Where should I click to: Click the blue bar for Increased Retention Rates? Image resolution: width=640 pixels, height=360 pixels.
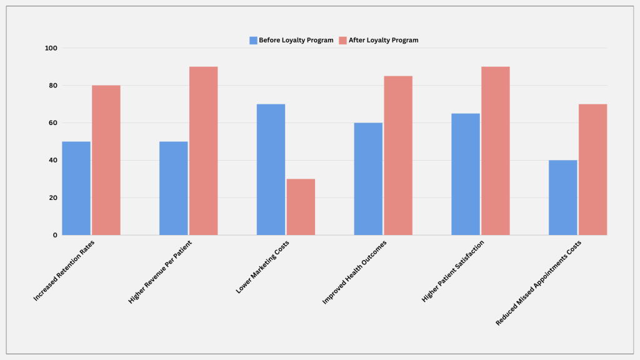coord(76,188)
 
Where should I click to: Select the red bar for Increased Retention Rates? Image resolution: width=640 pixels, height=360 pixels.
coord(106,160)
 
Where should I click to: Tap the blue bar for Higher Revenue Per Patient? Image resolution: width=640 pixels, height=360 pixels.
coord(174,188)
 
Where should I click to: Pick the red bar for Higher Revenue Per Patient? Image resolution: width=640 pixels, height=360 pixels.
coord(203,151)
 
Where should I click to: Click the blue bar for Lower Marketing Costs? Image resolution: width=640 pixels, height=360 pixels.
coord(271,169)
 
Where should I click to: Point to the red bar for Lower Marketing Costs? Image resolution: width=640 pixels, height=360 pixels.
coord(301,207)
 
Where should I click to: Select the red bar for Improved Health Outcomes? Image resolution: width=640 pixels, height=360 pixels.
coord(398,156)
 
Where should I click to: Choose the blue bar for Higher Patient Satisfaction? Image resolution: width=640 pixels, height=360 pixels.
coord(466,174)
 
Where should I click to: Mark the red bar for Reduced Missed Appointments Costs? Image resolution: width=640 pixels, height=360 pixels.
coord(592,169)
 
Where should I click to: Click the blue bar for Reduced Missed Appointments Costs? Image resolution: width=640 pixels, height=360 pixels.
coord(563,197)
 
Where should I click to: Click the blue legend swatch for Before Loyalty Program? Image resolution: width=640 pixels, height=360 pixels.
coord(254,41)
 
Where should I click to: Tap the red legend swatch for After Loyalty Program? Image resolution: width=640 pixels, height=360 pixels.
coord(343,41)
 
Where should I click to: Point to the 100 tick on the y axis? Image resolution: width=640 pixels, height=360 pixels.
coord(51,48)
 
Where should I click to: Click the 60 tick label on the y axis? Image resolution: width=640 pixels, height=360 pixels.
coord(53,123)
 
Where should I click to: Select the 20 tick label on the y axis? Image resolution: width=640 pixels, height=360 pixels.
coord(53,197)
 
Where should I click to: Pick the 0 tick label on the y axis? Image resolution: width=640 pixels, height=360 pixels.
coord(55,235)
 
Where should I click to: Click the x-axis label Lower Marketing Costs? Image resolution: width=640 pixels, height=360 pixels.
coord(262,267)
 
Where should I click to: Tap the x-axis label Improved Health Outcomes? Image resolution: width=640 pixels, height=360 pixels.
coord(354,272)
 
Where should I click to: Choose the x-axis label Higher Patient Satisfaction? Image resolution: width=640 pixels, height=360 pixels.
coord(452,271)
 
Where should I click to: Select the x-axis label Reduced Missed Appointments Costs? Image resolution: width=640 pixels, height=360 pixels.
coord(538,283)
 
